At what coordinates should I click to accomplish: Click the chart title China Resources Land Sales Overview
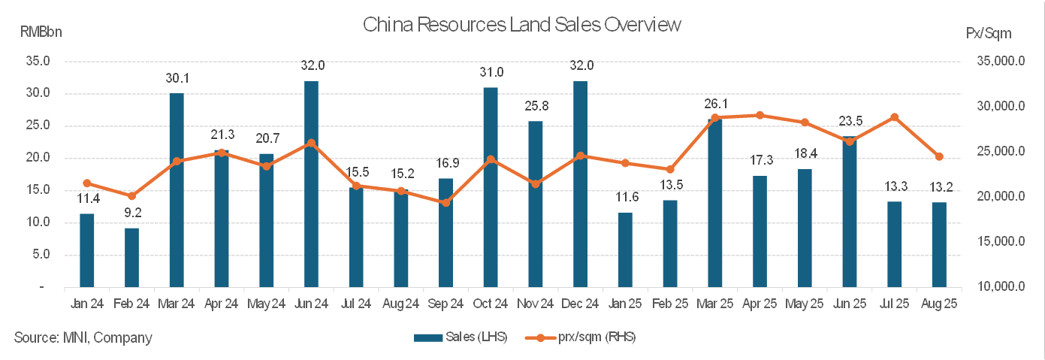(521, 25)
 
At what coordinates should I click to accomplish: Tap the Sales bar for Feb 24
(131, 258)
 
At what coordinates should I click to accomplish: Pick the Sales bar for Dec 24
(580, 184)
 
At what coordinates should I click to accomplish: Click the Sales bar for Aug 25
(939, 245)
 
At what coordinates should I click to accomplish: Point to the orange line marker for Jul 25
(894, 117)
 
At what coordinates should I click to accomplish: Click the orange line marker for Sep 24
(445, 202)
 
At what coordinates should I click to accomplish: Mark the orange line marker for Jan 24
(87, 183)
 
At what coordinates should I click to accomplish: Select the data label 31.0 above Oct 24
(491, 73)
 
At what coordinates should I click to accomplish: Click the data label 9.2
(132, 213)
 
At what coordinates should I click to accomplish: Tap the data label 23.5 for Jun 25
(850, 122)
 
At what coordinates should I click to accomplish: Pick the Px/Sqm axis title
(989, 33)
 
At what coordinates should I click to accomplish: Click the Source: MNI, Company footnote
(83, 337)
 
